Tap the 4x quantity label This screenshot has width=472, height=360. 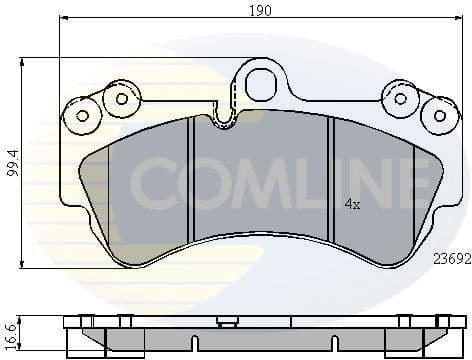351,203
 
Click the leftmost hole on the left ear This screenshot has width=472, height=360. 82,115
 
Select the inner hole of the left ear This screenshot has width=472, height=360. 122,98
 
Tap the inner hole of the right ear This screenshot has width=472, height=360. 401,98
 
